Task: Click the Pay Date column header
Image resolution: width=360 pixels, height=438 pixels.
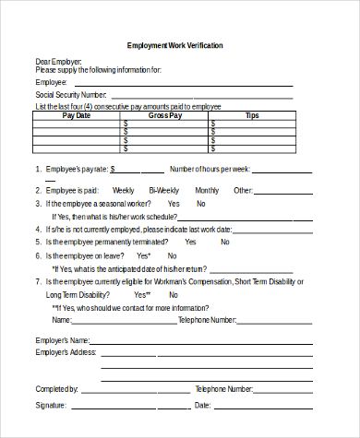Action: [x=77, y=116]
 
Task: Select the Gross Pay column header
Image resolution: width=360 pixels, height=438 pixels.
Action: [x=165, y=116]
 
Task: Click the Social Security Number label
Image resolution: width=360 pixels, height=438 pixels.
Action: [x=71, y=95]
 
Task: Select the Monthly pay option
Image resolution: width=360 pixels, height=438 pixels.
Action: [x=207, y=190]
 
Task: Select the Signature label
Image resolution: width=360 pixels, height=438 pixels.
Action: [x=51, y=406]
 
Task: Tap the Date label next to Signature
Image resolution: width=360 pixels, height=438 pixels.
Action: [x=203, y=406]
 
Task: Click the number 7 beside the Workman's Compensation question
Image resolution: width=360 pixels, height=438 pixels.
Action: [x=38, y=280]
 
